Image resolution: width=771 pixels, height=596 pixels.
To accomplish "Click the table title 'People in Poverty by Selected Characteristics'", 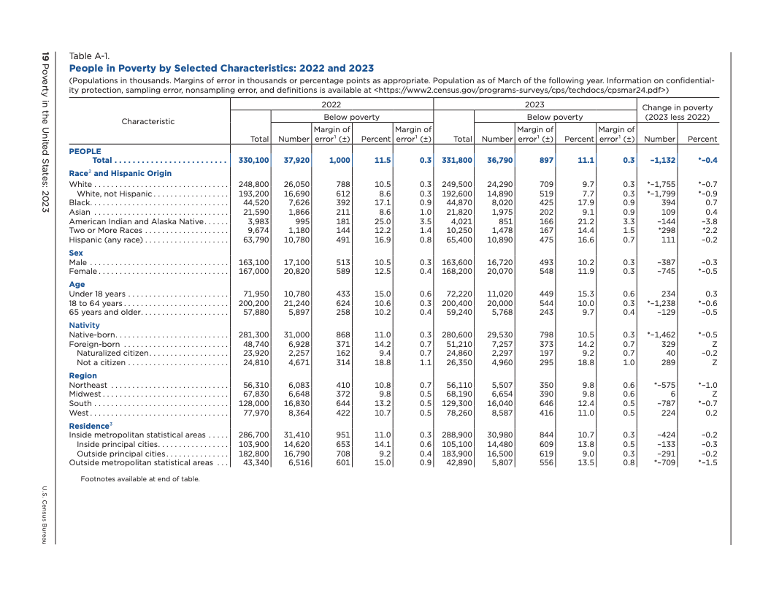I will [221, 69].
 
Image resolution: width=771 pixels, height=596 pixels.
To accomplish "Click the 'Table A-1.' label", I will [89, 56].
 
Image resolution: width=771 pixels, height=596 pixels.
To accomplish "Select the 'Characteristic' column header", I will [148, 121].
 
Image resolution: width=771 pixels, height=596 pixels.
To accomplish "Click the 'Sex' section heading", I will [76, 253].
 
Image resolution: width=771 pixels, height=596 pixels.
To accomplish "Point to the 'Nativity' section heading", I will [84, 325].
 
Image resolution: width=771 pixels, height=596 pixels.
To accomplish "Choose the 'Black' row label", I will [80, 203].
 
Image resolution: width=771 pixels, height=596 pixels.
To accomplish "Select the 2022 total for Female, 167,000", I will [255, 272].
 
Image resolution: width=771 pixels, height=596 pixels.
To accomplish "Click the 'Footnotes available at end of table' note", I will [139, 479].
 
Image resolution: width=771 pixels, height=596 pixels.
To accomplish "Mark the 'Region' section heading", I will [83, 376].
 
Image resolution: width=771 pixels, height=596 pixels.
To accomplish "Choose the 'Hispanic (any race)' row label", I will [107, 240].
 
